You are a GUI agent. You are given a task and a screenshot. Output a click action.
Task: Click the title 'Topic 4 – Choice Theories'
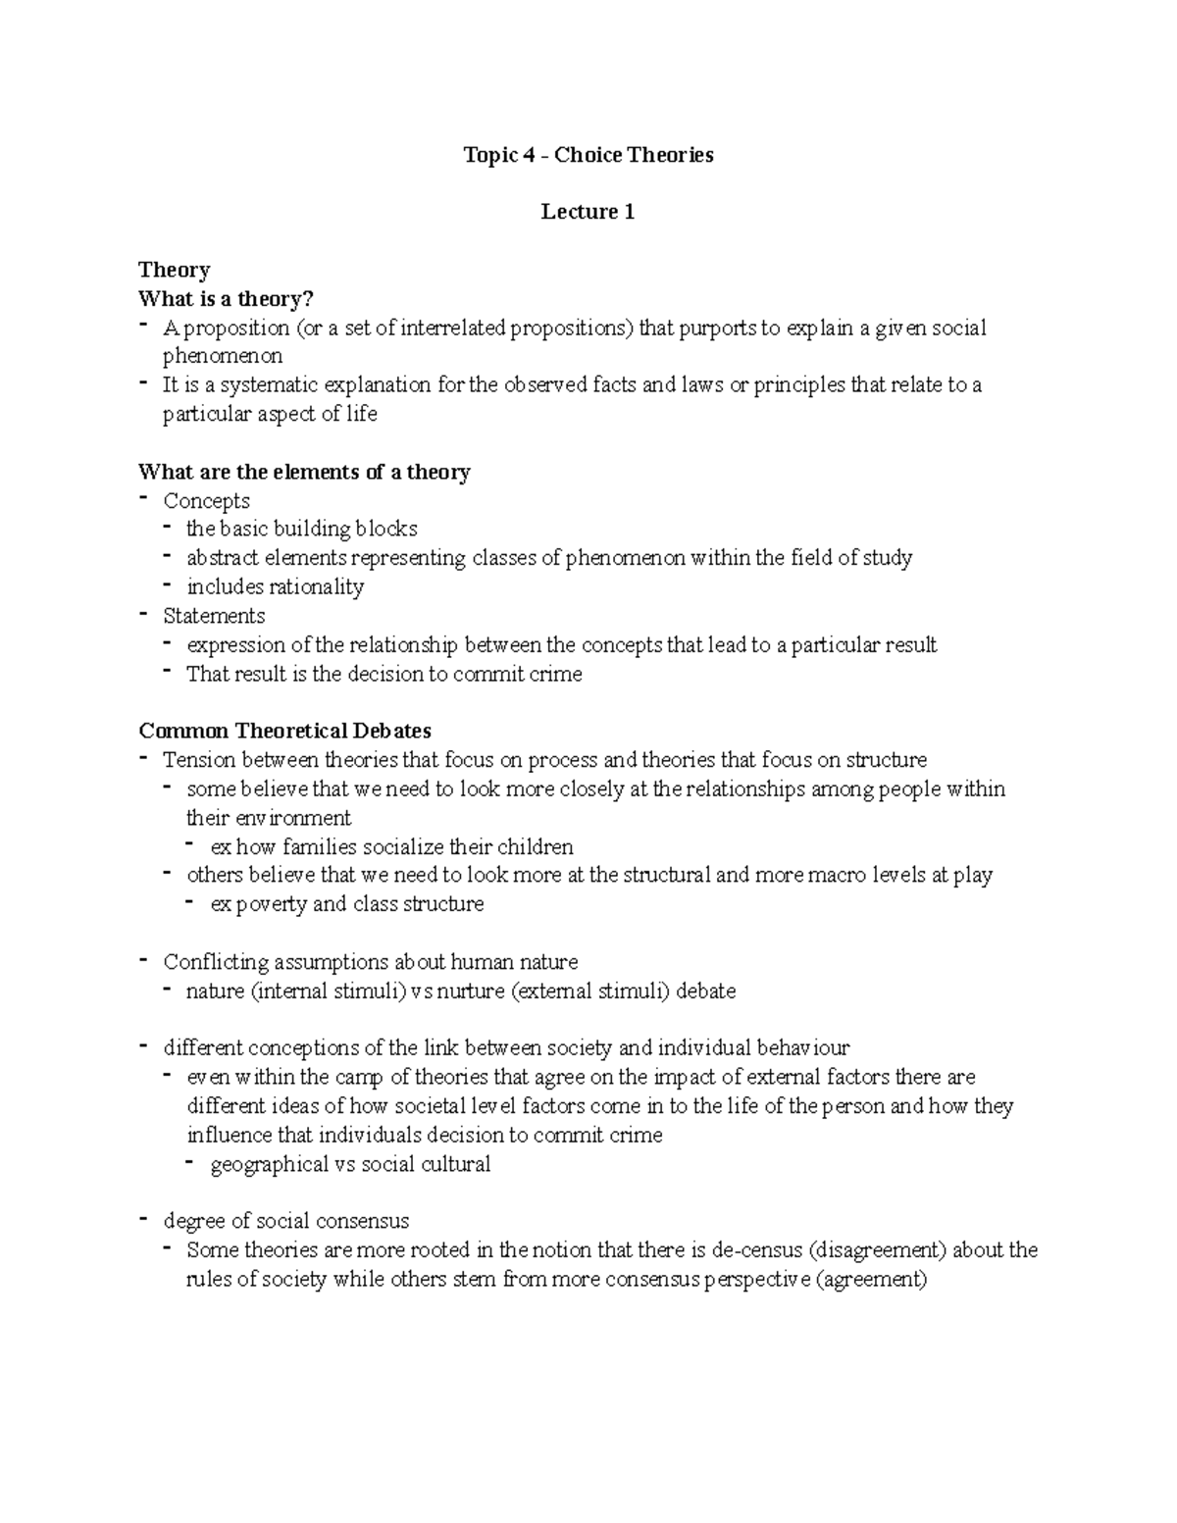[x=588, y=155]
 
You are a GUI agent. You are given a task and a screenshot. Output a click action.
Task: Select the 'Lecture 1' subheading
[x=588, y=212]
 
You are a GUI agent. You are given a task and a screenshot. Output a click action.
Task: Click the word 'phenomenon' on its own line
[x=222, y=356]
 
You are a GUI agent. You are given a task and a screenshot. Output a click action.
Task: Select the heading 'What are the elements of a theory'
[x=304, y=472]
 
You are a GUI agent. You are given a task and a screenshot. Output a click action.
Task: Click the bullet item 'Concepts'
[x=206, y=501]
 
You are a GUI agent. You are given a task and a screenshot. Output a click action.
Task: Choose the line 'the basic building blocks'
[x=302, y=530]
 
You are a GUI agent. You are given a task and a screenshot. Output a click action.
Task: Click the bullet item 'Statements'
[x=214, y=616]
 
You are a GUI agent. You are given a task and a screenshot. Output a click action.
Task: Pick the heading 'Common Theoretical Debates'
[x=284, y=732]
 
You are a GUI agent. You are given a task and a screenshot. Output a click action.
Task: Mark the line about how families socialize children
[x=391, y=846]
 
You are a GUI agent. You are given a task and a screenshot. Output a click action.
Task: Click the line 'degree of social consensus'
[x=286, y=1222]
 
